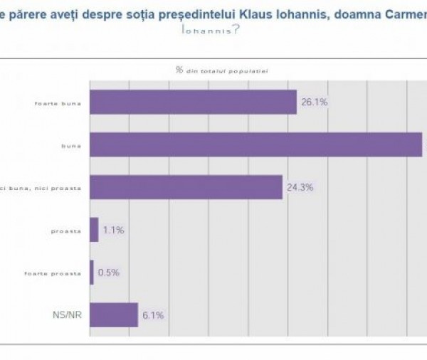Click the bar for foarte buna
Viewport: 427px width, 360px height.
(193, 102)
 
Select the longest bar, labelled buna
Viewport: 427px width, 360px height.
(256, 144)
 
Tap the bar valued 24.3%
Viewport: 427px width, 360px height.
(186, 187)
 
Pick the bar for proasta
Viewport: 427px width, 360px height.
(94, 230)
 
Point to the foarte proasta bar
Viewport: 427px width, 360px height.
(92, 272)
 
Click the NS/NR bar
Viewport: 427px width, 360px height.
(113, 314)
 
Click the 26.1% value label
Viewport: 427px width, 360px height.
(314, 102)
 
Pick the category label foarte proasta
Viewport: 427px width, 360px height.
(58, 272)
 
